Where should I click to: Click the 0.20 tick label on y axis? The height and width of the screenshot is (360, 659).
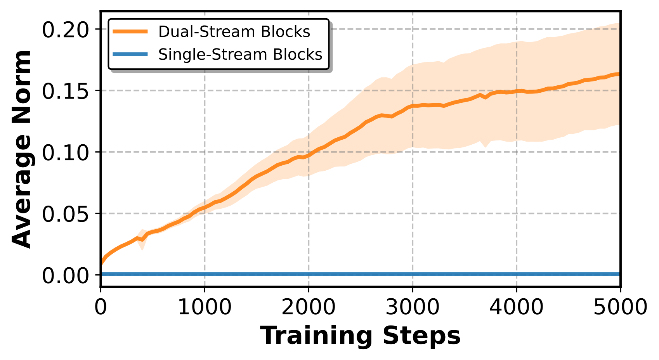click(x=65, y=30)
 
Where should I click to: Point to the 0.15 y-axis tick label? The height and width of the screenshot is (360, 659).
click(x=65, y=92)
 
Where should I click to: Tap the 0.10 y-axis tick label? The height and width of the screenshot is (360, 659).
click(x=65, y=153)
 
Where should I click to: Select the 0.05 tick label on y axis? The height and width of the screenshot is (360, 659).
click(x=65, y=215)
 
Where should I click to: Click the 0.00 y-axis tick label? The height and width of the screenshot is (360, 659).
click(x=65, y=276)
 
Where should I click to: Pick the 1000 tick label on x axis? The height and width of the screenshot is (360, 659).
click(x=205, y=308)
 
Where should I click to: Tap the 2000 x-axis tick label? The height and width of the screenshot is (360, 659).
click(x=309, y=308)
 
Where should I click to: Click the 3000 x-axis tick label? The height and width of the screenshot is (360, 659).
click(x=413, y=308)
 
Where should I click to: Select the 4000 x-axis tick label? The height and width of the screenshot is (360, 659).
click(x=516, y=308)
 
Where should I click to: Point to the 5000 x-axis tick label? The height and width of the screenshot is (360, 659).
click(x=620, y=308)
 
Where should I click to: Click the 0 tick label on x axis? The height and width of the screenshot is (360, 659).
click(x=101, y=308)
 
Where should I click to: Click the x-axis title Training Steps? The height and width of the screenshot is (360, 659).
click(x=361, y=336)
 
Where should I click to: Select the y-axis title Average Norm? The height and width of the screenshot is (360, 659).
click(x=21, y=149)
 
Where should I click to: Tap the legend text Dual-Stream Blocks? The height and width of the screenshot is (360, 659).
click(x=234, y=31)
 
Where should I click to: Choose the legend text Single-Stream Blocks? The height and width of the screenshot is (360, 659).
click(x=240, y=54)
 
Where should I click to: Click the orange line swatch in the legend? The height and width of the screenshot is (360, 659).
click(x=130, y=31)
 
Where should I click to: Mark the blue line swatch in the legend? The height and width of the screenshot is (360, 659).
click(x=130, y=54)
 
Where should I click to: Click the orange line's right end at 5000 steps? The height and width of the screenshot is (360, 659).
click(x=619, y=74)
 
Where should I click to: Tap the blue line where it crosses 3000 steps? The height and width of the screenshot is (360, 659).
click(x=413, y=274)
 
